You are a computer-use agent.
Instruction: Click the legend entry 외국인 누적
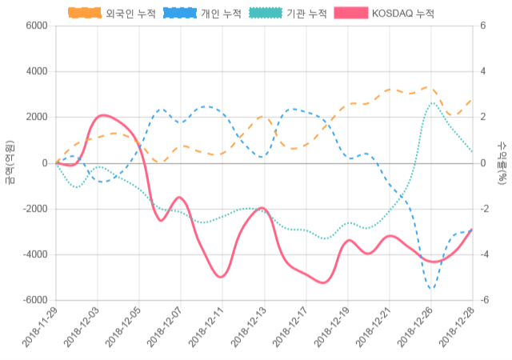[111, 13]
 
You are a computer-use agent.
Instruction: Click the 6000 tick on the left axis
[37, 26]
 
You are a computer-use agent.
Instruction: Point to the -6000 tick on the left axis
[35, 301]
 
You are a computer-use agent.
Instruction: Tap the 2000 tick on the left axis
[37, 118]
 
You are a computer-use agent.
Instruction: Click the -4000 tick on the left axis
[35, 255]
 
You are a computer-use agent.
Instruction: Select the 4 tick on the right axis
[483, 72]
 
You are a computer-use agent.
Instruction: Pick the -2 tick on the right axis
[485, 210]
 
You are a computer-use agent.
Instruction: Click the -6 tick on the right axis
[485, 301]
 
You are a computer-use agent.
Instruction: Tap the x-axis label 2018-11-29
[40, 330]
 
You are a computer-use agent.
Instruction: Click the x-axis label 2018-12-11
[206, 330]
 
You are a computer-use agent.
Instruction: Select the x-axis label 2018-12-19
[330, 330]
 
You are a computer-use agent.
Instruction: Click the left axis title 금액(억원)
[10, 162]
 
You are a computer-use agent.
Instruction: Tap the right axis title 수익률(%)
[502, 162]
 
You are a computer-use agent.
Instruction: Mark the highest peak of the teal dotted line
[433, 102]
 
